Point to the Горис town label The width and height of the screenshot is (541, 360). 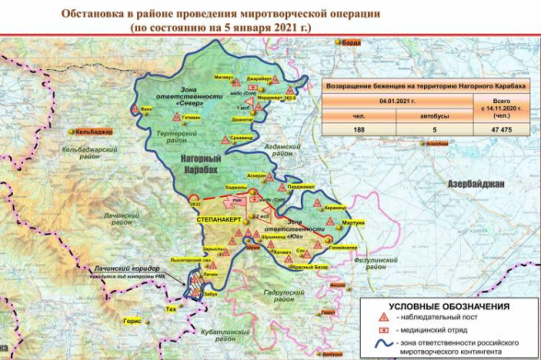click(x=132, y=321)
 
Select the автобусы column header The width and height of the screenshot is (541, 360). click(x=420, y=116)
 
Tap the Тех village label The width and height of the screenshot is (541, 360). click(x=169, y=310)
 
